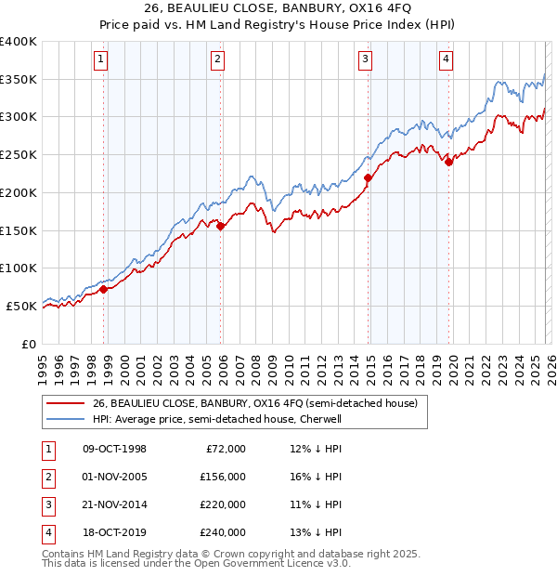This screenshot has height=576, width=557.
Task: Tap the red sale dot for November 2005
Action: [221, 226]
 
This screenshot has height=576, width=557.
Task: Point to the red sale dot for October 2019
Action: [449, 162]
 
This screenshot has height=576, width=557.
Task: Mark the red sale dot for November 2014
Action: [369, 177]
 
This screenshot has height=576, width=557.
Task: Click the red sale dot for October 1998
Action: [104, 289]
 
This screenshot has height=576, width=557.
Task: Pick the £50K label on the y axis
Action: [21, 306]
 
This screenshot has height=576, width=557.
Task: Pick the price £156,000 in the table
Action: [223, 477]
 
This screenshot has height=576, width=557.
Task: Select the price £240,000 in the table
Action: [223, 532]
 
